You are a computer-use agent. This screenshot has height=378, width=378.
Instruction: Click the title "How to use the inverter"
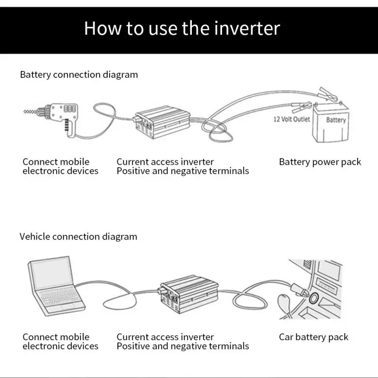pos(182,28)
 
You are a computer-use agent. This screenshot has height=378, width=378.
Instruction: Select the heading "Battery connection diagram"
pos(79,75)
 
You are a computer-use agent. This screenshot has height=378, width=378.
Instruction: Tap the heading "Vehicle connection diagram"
pos(78,237)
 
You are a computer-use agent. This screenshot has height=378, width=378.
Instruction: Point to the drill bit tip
pos(25,112)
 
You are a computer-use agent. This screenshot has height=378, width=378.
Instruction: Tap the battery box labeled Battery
pos(331,123)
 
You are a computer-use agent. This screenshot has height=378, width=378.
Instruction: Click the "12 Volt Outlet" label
pos(292,119)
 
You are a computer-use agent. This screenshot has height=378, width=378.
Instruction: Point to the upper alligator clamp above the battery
pos(327,94)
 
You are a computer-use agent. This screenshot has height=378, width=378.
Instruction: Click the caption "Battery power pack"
pos(320,162)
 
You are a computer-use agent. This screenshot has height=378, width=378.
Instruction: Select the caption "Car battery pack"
pos(314,337)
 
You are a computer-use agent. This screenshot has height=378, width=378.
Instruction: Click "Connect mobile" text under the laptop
pos(56,337)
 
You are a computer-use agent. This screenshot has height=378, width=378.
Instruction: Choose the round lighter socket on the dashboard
pos(314,298)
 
